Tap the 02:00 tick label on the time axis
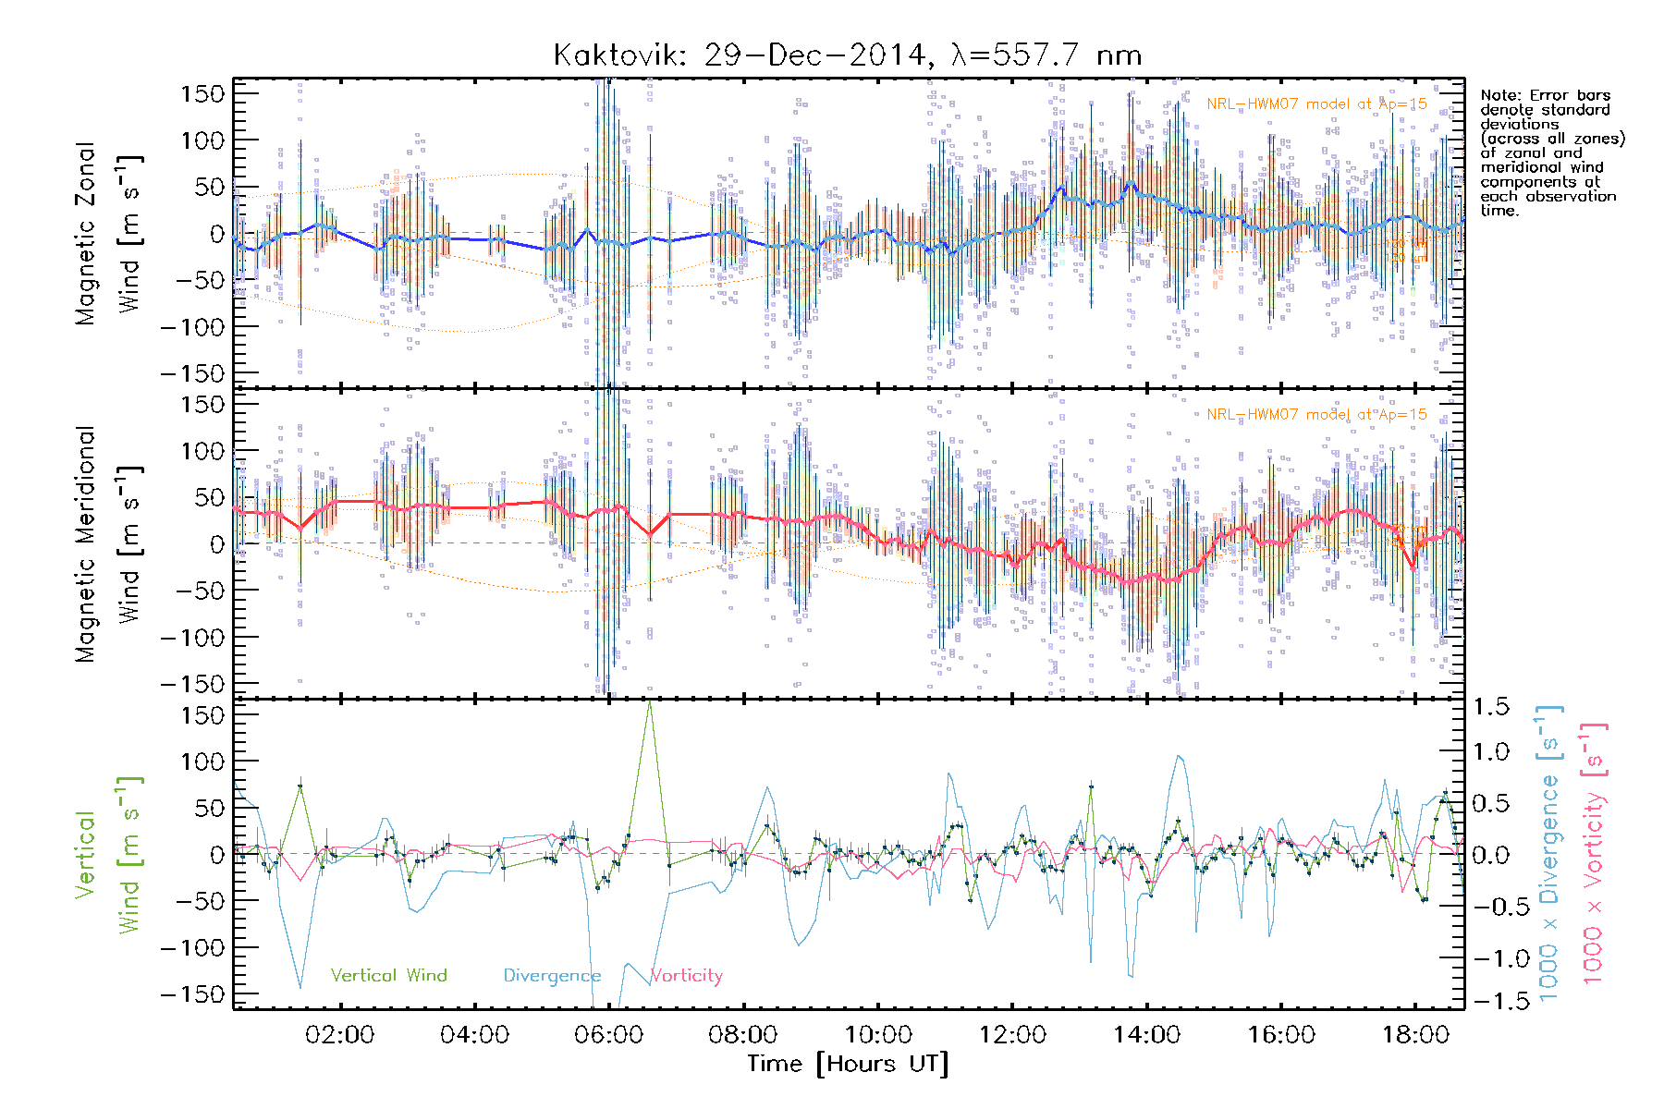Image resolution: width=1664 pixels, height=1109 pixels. (x=339, y=1035)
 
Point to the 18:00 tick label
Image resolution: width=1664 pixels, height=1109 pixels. (x=1415, y=1035)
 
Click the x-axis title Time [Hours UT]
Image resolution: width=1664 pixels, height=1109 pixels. (x=848, y=1064)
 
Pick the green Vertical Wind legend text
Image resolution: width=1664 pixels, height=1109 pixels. (x=388, y=976)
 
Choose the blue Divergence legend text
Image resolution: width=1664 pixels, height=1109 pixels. (x=552, y=976)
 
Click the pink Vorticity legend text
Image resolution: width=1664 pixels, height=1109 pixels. (x=686, y=976)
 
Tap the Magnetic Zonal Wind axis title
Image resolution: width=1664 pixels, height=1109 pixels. (x=108, y=234)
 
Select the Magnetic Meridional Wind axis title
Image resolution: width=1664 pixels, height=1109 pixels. (x=108, y=544)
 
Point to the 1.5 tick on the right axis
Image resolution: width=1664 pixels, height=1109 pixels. (x=1490, y=707)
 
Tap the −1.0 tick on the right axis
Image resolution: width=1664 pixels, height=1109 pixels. (x=1490, y=958)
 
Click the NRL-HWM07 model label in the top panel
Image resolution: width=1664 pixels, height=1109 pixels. (x=1316, y=104)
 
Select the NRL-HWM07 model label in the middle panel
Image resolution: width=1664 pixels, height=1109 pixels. (x=1316, y=415)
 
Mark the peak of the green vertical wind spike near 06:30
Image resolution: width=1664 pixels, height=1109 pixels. (x=650, y=702)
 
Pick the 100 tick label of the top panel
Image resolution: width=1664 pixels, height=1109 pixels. (x=203, y=140)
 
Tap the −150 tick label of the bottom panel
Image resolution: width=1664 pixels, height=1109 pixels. (x=192, y=994)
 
